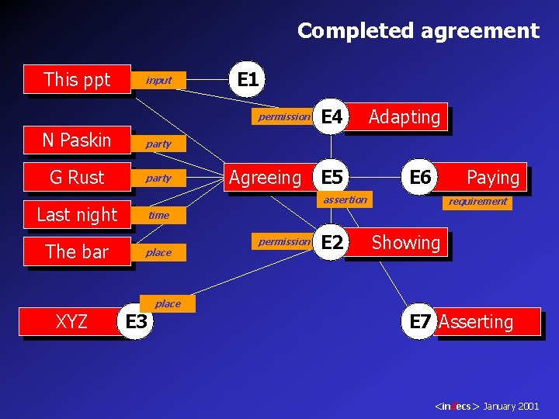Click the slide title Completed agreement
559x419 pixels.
(x=418, y=31)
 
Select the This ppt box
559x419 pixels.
(x=77, y=79)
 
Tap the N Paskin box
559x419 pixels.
(x=77, y=140)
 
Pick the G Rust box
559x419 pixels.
(x=77, y=177)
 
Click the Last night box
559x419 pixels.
(x=77, y=214)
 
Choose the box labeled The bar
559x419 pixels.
(x=77, y=251)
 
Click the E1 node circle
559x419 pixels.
(x=248, y=79)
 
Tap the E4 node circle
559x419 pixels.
(x=332, y=117)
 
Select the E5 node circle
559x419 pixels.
(x=332, y=177)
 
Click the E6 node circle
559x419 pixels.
(x=420, y=177)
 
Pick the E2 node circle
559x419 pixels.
(x=332, y=242)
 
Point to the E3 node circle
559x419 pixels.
(x=136, y=321)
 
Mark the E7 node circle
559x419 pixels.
(x=419, y=322)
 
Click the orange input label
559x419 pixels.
(x=158, y=80)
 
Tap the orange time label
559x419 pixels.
(x=158, y=215)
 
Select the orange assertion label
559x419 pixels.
(x=345, y=200)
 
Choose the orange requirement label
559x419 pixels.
(x=478, y=201)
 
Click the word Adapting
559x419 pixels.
(x=404, y=117)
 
